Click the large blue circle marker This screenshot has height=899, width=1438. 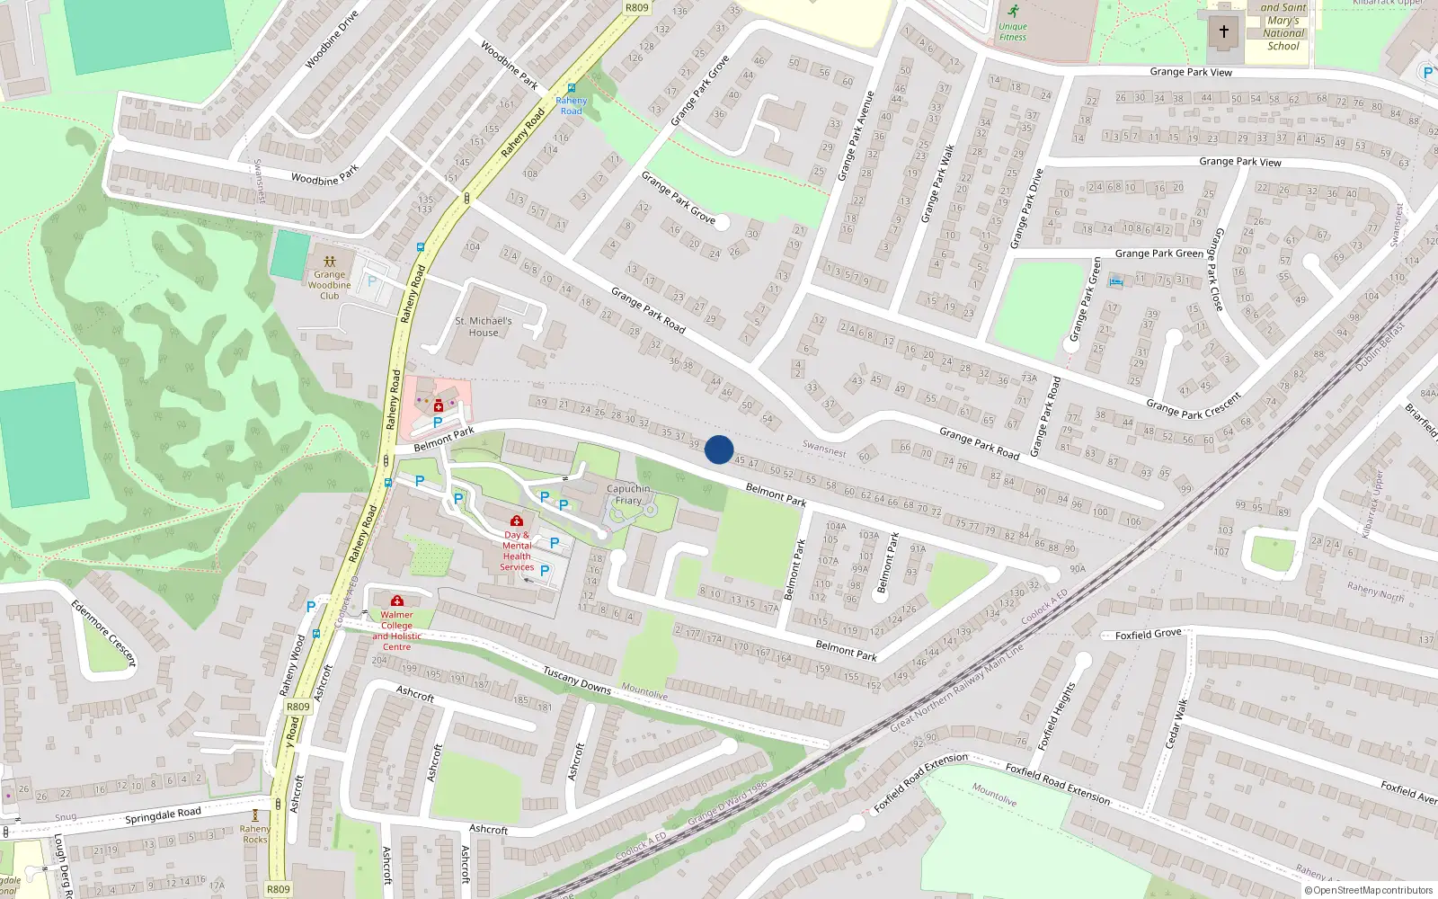(719, 449)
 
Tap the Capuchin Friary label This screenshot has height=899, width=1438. (628, 494)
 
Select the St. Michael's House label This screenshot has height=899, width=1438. (484, 326)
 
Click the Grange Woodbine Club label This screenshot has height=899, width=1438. (330, 285)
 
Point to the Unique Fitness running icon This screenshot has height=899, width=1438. (1014, 12)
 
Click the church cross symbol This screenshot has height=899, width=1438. (1223, 31)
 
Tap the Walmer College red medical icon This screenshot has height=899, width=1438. (397, 601)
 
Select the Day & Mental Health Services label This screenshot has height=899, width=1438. (517, 551)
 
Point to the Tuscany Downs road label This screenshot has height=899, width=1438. (577, 680)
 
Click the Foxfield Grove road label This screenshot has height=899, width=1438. (1148, 635)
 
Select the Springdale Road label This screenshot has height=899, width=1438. (163, 815)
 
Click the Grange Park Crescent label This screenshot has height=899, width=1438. (1194, 405)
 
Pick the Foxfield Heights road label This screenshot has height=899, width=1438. (1057, 717)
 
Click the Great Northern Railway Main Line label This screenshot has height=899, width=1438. (956, 688)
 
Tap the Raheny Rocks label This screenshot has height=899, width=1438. (255, 834)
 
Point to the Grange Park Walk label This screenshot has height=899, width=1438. (937, 183)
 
